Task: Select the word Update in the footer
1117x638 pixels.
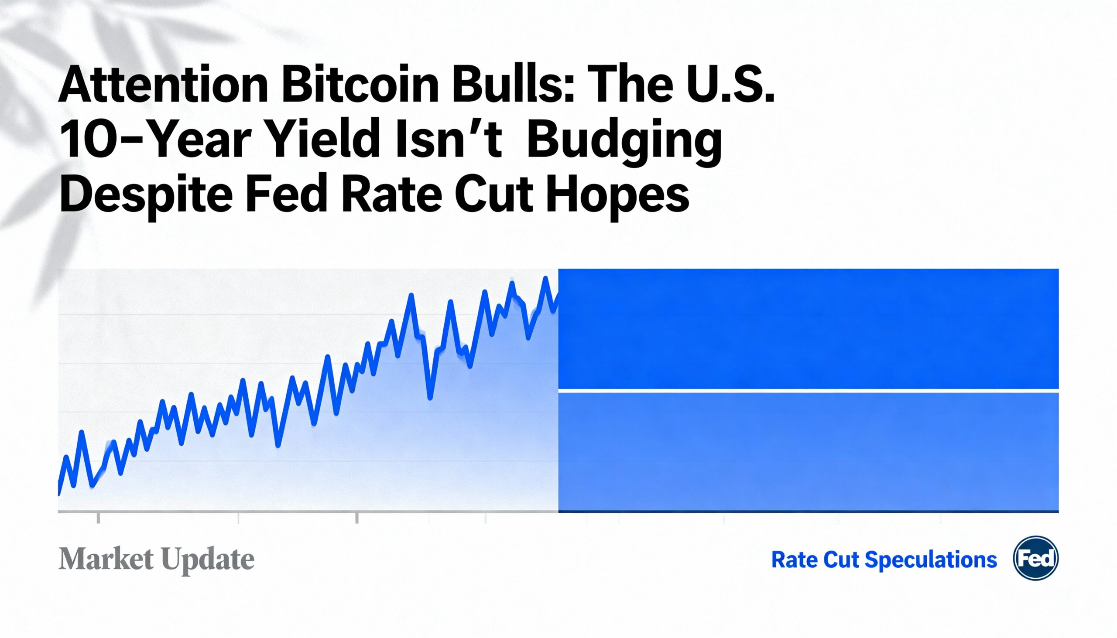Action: pyautogui.click(x=208, y=560)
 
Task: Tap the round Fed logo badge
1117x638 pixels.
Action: pyautogui.click(x=1035, y=558)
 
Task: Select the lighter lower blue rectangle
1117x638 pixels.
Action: pyautogui.click(x=808, y=451)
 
